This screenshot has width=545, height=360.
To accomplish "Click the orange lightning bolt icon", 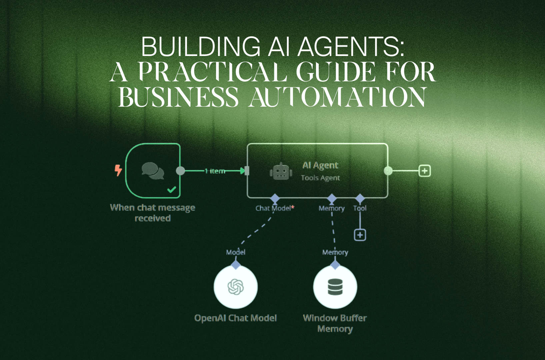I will point(118,170).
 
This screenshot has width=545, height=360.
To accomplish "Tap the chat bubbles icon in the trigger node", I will point(153,171).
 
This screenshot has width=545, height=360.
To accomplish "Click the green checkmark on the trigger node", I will point(172,190).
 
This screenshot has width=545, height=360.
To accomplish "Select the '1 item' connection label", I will point(215,171).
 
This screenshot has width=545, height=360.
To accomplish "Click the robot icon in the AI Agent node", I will point(281,171).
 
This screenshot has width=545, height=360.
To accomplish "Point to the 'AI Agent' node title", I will point(320,165).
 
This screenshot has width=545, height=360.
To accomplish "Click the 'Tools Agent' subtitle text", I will point(320,178).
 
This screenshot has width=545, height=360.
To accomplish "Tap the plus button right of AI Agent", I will point(424,171).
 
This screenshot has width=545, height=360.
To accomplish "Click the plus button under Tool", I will point(360,235).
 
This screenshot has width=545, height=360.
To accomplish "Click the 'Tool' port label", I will point(360,208).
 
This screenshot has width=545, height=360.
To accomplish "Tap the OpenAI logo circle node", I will point(235,287).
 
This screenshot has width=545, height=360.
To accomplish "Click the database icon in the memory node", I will point(335,287).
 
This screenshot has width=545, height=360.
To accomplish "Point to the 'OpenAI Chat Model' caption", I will point(235,318).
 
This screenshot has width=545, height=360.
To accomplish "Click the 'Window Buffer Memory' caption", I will point(335,323).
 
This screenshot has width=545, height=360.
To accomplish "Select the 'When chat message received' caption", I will point(153,213).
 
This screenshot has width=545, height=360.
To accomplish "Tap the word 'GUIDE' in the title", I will point(336,72).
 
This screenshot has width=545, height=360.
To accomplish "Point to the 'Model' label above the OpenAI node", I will point(236,252).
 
